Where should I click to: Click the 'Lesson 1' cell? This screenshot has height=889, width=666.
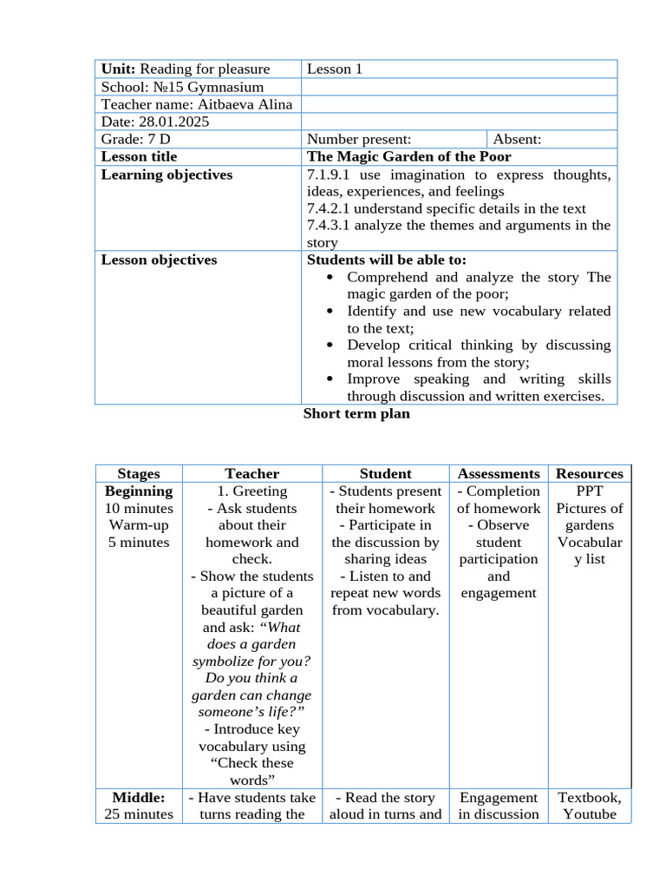(x=335, y=69)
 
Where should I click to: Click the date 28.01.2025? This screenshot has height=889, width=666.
(x=174, y=122)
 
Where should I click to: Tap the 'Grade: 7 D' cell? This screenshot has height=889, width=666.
(x=135, y=139)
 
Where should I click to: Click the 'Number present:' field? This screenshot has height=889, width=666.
(x=359, y=139)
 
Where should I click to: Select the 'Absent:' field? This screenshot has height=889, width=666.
(x=517, y=139)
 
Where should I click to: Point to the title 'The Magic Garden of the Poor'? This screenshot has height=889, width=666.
(x=409, y=156)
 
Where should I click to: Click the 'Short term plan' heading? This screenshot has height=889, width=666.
(x=356, y=414)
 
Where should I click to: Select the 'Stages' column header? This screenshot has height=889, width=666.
(x=139, y=473)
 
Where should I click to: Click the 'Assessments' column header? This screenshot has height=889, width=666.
(x=499, y=473)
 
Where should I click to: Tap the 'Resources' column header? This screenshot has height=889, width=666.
(x=590, y=473)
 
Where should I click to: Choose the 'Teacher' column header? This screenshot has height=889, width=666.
(x=252, y=473)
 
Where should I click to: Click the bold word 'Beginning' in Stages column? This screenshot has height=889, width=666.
(x=139, y=491)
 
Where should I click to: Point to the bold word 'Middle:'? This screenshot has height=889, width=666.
(x=139, y=797)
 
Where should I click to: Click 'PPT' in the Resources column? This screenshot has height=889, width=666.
(x=590, y=491)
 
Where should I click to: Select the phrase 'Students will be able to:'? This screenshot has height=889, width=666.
(x=387, y=260)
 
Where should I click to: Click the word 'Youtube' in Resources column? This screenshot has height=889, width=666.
(x=590, y=814)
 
